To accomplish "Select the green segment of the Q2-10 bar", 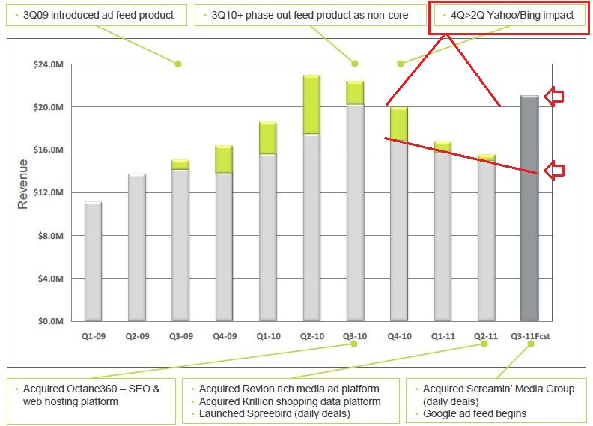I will (x=312, y=105).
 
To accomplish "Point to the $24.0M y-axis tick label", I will (x=49, y=64).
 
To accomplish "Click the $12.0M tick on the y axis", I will (x=49, y=192).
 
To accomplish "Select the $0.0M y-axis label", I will (x=51, y=321).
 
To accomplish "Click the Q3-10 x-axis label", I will (x=355, y=336).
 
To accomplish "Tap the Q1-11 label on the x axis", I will (x=443, y=336).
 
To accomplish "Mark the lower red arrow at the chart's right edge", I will (x=553, y=171).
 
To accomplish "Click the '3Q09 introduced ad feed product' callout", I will (x=98, y=15).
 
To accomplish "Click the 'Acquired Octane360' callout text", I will (x=91, y=395).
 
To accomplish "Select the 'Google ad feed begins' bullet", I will (x=475, y=413).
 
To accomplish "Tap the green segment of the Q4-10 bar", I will (x=399, y=124).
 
